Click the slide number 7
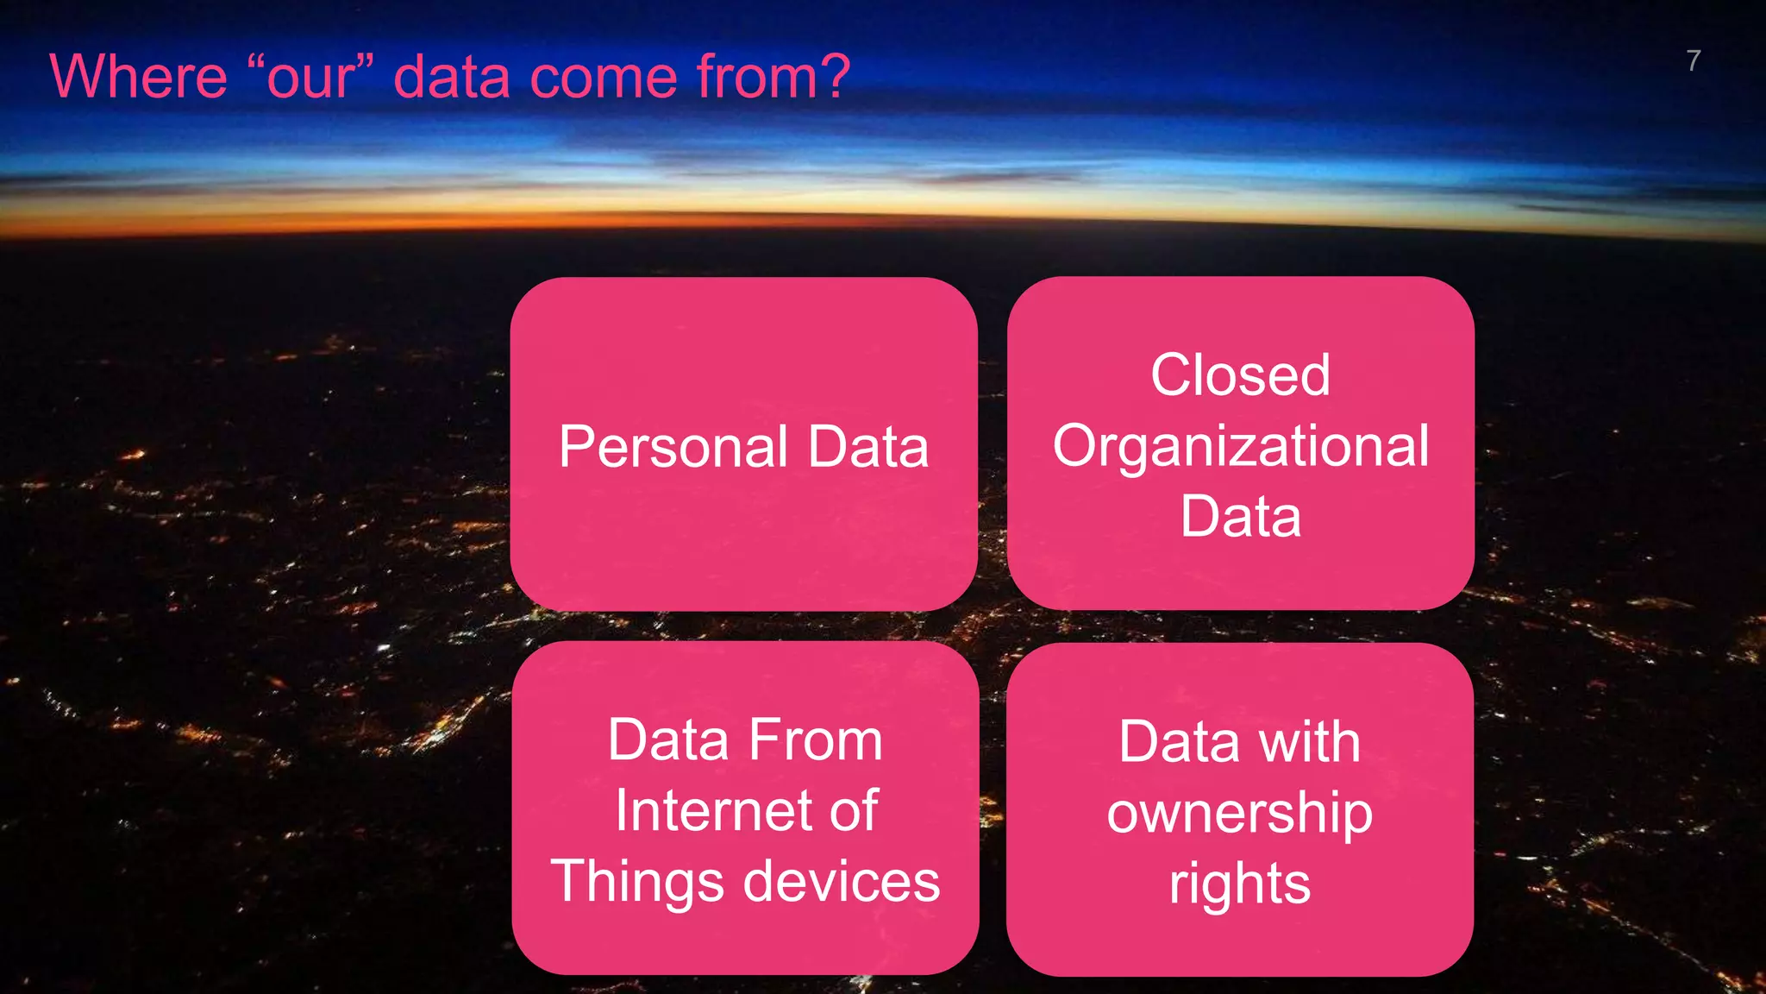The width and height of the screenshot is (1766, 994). [x=1693, y=61]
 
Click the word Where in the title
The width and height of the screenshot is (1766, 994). [x=138, y=78]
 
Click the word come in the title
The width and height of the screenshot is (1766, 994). [x=603, y=78]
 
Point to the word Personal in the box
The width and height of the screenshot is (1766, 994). [x=673, y=448]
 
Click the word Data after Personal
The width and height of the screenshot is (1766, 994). [x=867, y=448]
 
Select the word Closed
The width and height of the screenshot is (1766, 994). [x=1240, y=375]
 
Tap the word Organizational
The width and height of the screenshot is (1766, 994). [x=1240, y=447]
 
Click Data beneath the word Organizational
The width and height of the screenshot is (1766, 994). [x=1240, y=517]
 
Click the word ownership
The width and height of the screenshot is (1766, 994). [x=1239, y=814]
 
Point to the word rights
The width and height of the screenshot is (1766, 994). [x=1239, y=884]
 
